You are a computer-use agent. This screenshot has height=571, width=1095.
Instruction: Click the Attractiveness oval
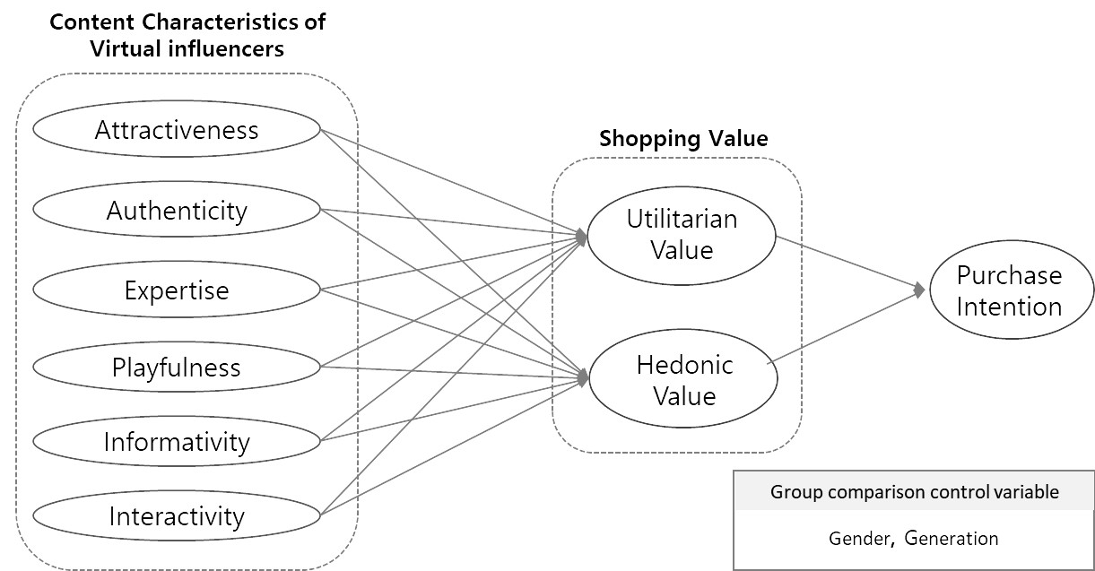pyautogui.click(x=177, y=130)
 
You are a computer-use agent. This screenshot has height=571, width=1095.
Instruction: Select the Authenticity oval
pyautogui.click(x=177, y=211)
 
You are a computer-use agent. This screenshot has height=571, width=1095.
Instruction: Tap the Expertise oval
pyautogui.click(x=177, y=290)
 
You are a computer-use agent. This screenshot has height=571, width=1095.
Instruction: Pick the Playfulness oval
pyautogui.click(x=177, y=367)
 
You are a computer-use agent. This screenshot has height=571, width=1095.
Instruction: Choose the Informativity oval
pyautogui.click(x=177, y=441)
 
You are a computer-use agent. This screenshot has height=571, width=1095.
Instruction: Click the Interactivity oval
pyautogui.click(x=177, y=516)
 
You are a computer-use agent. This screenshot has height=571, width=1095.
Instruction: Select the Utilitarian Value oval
pyautogui.click(x=681, y=234)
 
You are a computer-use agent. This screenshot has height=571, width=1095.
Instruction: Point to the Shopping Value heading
pyautogui.click(x=683, y=139)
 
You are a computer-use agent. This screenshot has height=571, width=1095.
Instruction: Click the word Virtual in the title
pyautogui.click(x=126, y=48)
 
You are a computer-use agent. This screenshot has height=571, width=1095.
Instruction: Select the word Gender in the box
pyautogui.click(x=859, y=539)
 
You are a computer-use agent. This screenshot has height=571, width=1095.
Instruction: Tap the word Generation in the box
pyautogui.click(x=951, y=539)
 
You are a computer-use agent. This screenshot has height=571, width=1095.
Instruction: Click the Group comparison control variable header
pyautogui.click(x=914, y=492)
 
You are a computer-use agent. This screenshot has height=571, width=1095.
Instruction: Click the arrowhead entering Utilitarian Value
pyautogui.click(x=582, y=237)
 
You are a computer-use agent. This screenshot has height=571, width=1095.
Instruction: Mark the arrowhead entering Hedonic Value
pyautogui.click(x=582, y=378)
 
